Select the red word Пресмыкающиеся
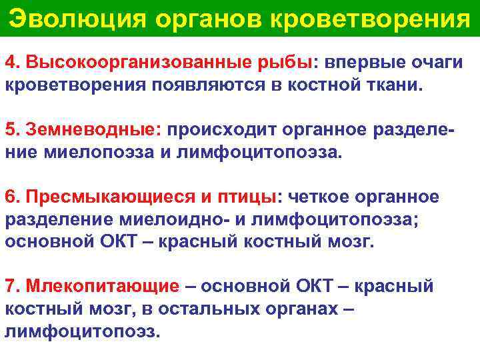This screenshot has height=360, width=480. (x=107, y=198)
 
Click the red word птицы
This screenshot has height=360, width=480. (x=248, y=198)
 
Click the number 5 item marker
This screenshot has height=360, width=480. (x=10, y=130)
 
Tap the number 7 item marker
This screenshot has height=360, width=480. (x=10, y=287)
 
